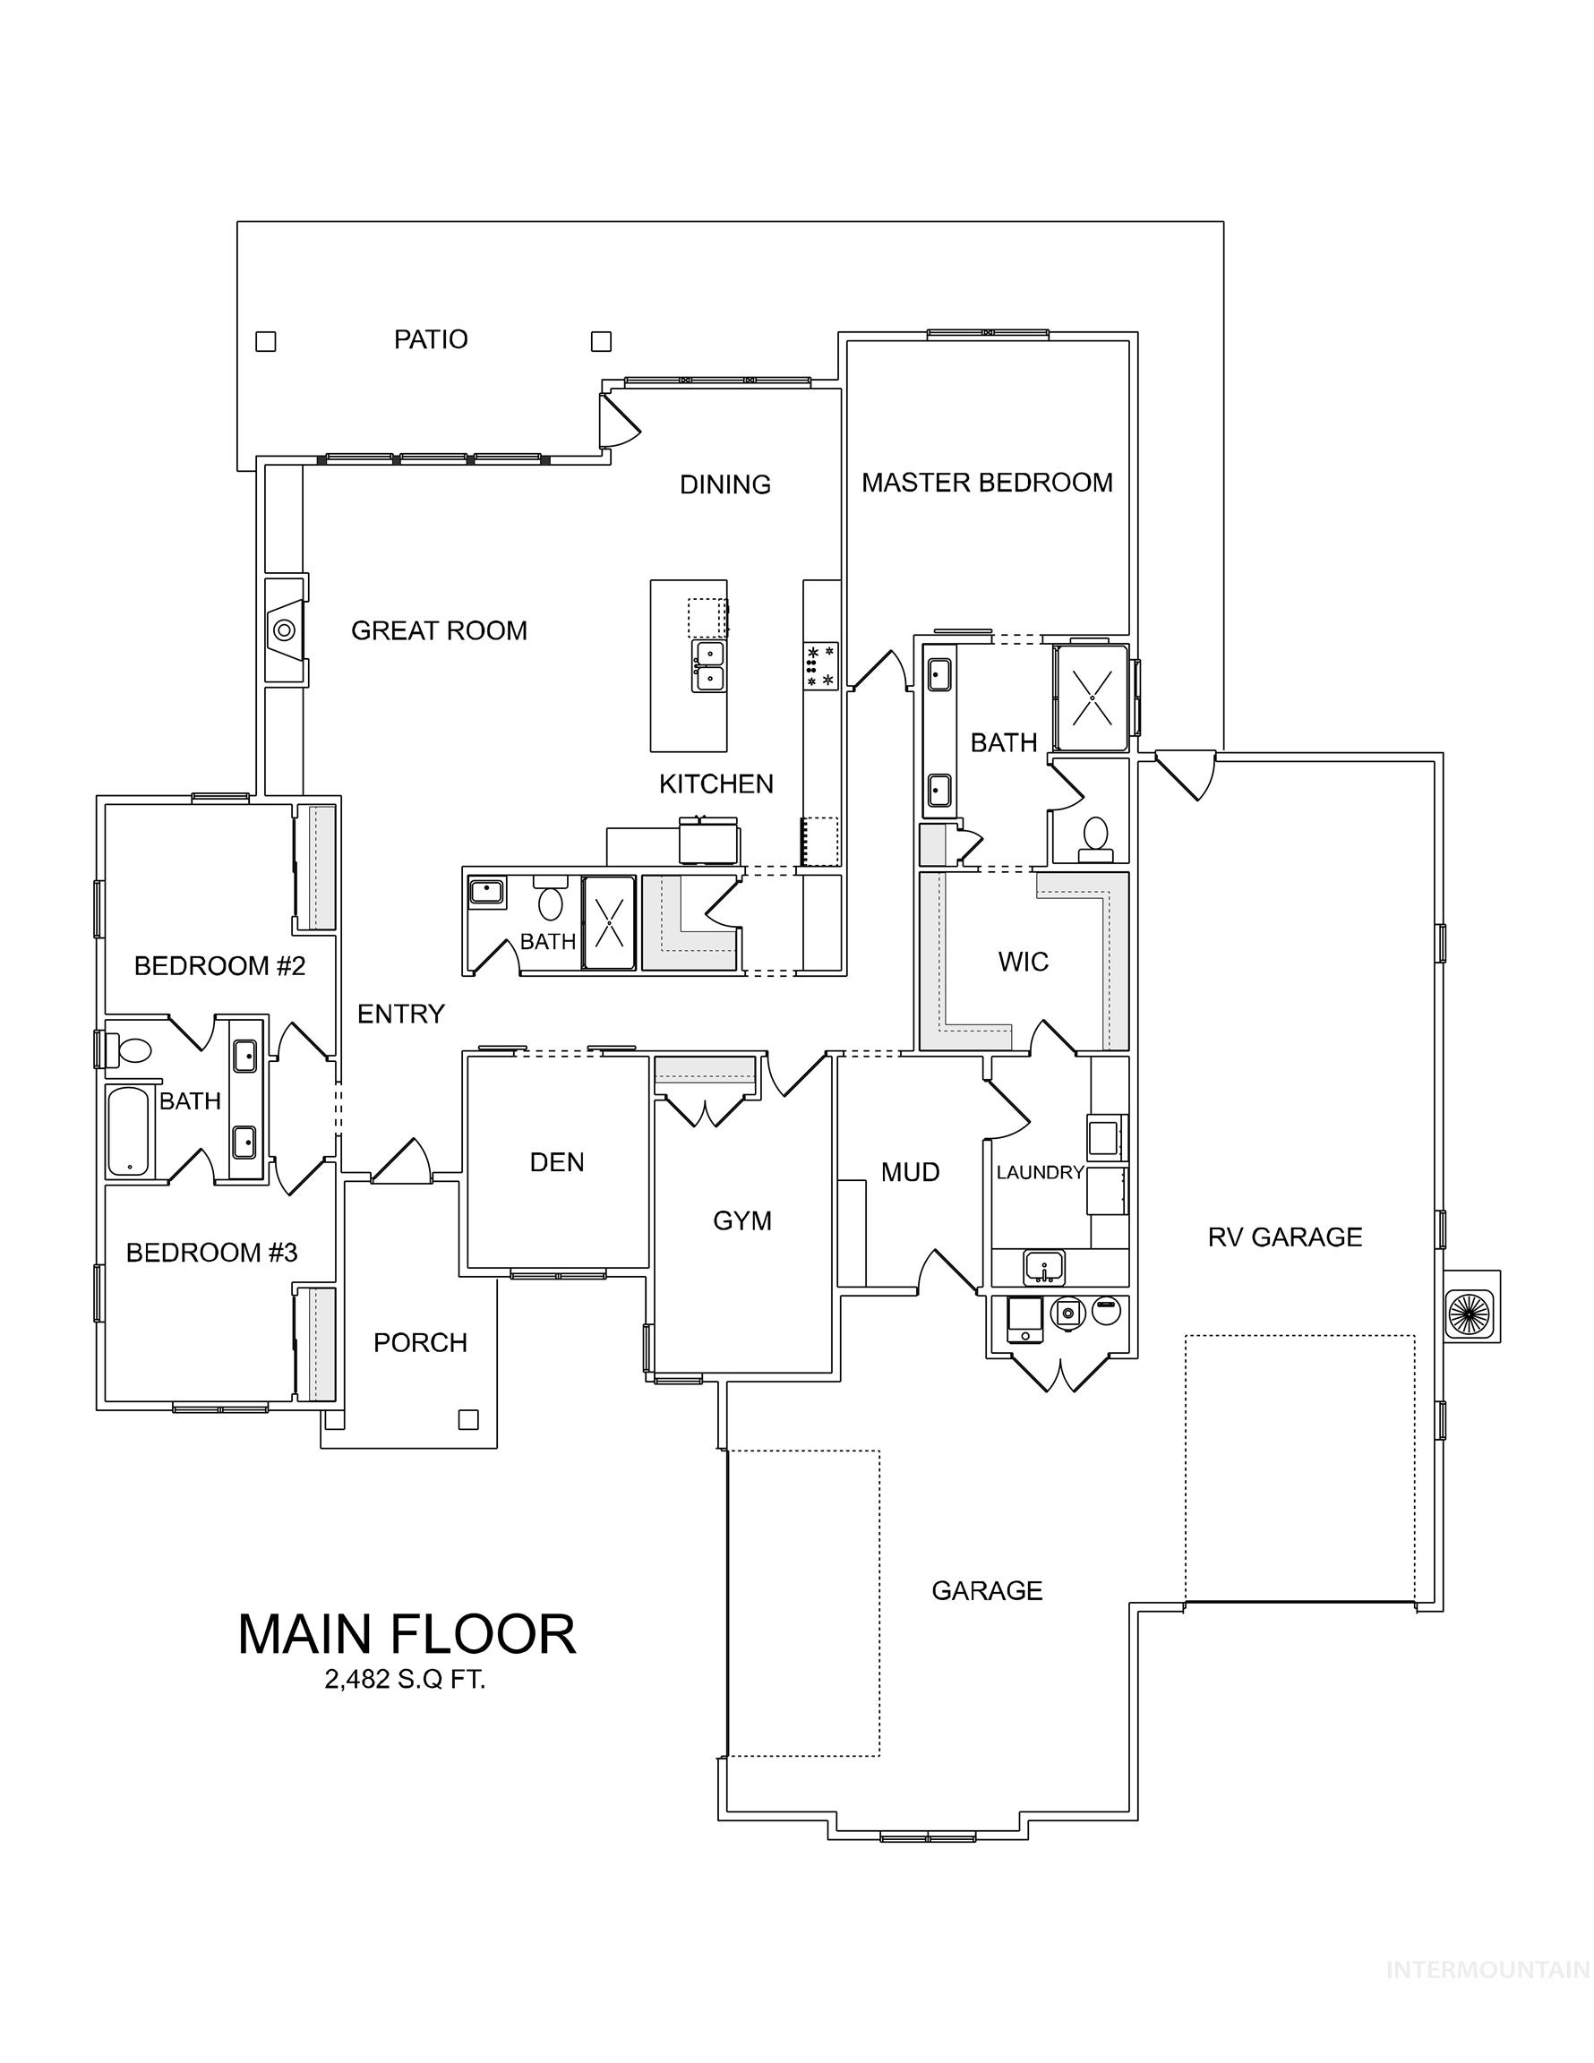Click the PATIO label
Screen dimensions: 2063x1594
coord(430,339)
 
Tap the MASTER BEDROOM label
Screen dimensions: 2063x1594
coord(987,483)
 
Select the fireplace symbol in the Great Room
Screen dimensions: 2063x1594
coord(284,629)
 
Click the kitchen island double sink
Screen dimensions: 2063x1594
coord(707,666)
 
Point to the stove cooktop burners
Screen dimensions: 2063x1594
coord(820,666)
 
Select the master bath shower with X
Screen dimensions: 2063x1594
coord(1093,698)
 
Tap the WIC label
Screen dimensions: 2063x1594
coord(1023,962)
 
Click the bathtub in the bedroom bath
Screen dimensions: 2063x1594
coord(127,1131)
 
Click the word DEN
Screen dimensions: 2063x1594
coord(556,1162)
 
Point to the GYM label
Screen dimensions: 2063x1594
coord(741,1220)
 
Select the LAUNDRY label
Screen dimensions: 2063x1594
coord(1040,1172)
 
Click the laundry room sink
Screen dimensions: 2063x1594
coord(1044,1266)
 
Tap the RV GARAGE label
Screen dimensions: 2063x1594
coord(1284,1237)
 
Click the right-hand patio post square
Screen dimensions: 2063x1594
coord(601,341)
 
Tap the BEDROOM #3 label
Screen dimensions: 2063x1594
coord(211,1253)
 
